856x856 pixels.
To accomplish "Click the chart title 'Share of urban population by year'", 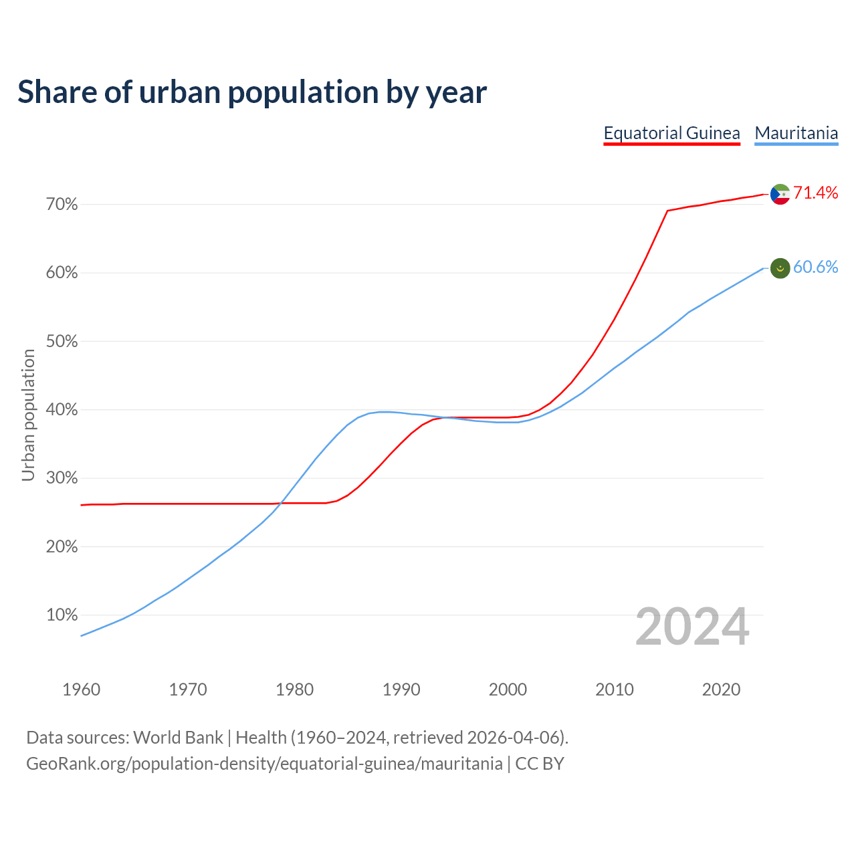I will (x=252, y=92).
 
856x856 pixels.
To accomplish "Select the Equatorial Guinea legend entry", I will (x=671, y=133).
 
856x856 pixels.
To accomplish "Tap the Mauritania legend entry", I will (x=796, y=133).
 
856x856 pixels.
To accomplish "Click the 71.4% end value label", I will (x=815, y=193).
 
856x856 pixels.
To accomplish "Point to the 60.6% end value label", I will (x=815, y=267).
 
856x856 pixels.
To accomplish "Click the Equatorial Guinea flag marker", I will (x=780, y=194).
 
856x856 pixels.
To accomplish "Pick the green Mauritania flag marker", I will (x=780, y=268).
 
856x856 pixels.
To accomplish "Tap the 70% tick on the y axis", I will (x=62, y=205).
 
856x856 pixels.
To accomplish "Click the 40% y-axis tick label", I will (x=62, y=410).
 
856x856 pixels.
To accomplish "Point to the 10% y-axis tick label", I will (x=62, y=615).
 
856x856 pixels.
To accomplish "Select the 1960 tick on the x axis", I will (x=81, y=689).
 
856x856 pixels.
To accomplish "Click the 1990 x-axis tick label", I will (x=401, y=689).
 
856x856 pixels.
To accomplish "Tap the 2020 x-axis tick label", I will (x=721, y=689).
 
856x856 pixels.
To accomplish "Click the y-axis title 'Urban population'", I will (x=28, y=415).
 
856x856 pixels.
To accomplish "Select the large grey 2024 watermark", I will (x=692, y=627).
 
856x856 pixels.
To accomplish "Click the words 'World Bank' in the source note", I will (x=178, y=738).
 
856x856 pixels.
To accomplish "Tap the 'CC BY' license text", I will (x=540, y=764).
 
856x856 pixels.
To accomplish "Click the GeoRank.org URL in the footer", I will (x=264, y=764).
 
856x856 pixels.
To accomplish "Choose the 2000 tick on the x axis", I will (x=508, y=689).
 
